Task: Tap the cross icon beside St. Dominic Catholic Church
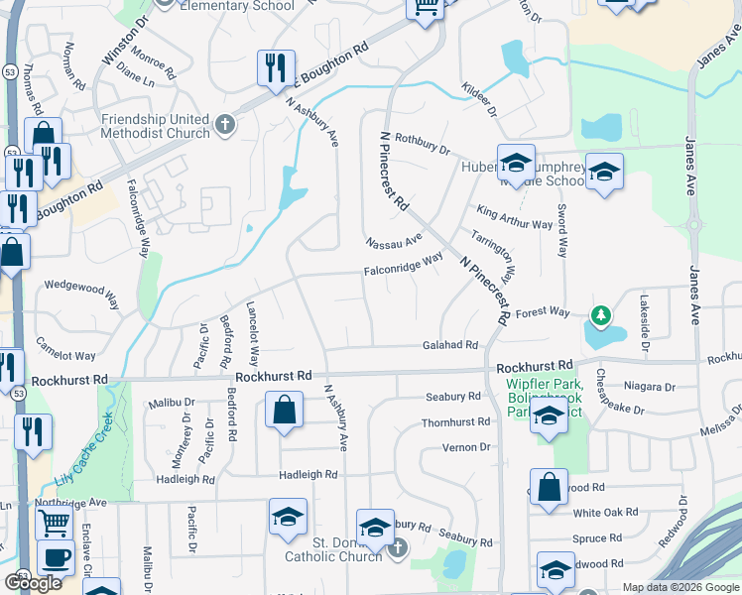397,547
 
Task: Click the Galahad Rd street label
450,345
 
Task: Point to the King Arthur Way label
514,217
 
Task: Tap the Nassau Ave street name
394,241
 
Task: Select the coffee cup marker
56,556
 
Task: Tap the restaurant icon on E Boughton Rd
273,66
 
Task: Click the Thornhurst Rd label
455,421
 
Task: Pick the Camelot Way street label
65,348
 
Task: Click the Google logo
33,583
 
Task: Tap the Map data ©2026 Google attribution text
680,587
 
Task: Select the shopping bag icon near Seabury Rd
284,410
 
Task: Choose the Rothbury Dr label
423,145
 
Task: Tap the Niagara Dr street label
650,387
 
